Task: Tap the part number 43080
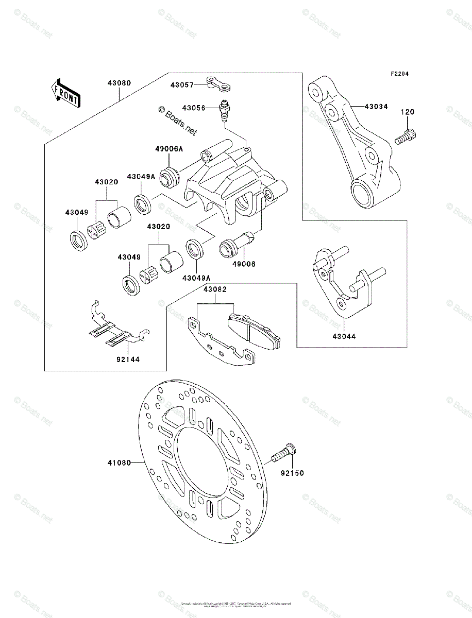pos(119,82)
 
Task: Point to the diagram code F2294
pos(399,74)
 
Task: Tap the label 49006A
pos(168,149)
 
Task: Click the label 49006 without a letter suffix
pos(244,263)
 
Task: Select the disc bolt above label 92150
pos(282,452)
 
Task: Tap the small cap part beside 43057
pos(217,82)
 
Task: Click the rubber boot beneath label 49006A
pos(170,176)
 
